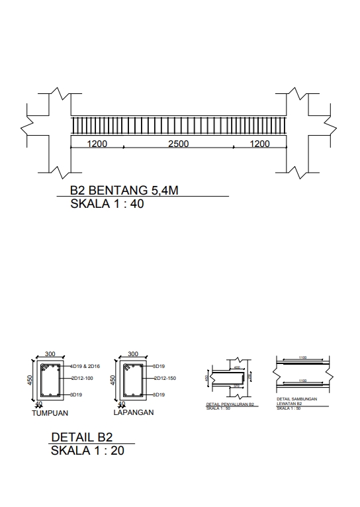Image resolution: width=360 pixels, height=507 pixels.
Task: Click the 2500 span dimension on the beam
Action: [179, 144]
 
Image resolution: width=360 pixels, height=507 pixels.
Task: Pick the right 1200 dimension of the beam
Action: [259, 144]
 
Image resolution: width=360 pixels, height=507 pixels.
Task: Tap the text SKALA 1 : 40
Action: [107, 204]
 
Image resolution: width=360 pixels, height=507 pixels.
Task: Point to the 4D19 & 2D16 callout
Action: [84, 366]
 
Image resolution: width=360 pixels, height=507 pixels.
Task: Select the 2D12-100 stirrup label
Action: [82, 379]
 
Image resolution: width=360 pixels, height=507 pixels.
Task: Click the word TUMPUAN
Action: [50, 412]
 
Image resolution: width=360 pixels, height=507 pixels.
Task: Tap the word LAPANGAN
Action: [134, 412]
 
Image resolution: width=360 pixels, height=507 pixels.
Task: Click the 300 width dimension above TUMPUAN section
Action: [50, 354]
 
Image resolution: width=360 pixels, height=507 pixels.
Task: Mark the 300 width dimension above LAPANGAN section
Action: [132, 354]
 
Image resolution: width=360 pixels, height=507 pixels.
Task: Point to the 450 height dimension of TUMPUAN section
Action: [30, 380]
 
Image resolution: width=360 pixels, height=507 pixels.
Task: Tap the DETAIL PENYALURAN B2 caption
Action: [230, 404]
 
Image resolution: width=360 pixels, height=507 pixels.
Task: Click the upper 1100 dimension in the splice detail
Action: [302, 357]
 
